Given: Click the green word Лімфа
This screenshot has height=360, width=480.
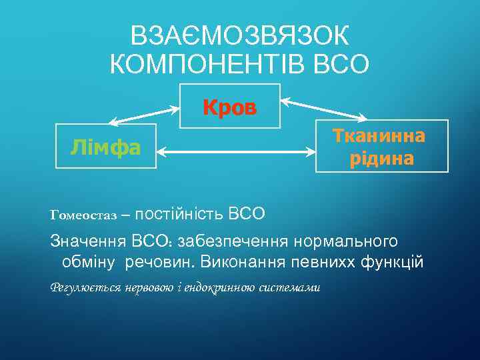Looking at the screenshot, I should (x=106, y=147).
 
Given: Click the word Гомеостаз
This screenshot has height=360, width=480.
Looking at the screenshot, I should (x=83, y=215).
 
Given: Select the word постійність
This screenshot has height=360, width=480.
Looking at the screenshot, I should (x=179, y=214).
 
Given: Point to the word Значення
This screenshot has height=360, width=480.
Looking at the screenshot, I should (x=89, y=240).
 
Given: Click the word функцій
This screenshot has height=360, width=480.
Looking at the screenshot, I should (x=393, y=261).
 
